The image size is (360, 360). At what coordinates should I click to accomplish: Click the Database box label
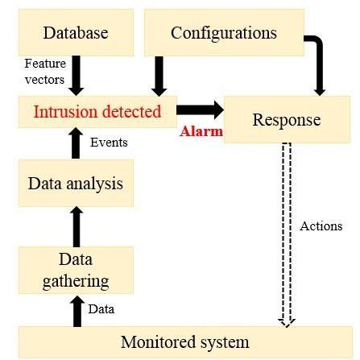(76, 33)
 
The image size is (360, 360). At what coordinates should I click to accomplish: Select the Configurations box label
(223, 33)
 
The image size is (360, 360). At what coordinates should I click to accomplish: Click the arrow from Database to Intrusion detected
(77, 73)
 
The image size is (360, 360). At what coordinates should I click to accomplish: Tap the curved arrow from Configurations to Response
(319, 64)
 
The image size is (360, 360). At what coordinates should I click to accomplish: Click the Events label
(107, 142)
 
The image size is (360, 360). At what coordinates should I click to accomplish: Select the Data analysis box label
(76, 183)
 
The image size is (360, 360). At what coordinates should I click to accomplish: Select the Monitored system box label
(185, 341)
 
